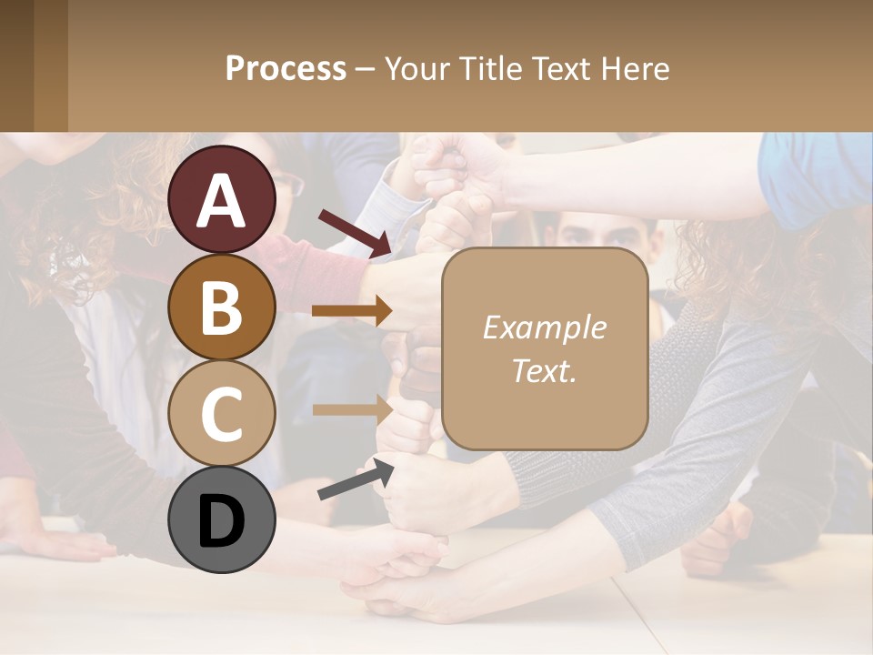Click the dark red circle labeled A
coord(222,199)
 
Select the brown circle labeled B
coord(222,306)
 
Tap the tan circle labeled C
coord(222,412)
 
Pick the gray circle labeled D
coord(222,519)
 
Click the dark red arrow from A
coord(355,231)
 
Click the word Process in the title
coord(286,68)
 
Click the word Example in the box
coord(544,327)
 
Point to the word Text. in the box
coord(544,370)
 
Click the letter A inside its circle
coord(222,200)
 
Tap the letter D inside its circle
coord(222,519)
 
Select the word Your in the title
coord(419,68)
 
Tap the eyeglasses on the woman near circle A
coord(287,186)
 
